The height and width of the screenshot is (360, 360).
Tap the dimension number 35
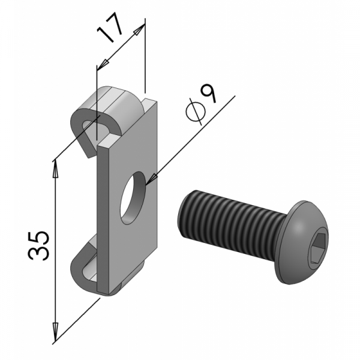[x=38, y=246]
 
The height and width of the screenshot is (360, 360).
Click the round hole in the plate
[x=133, y=198]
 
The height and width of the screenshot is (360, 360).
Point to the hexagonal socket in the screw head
[x=317, y=248]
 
